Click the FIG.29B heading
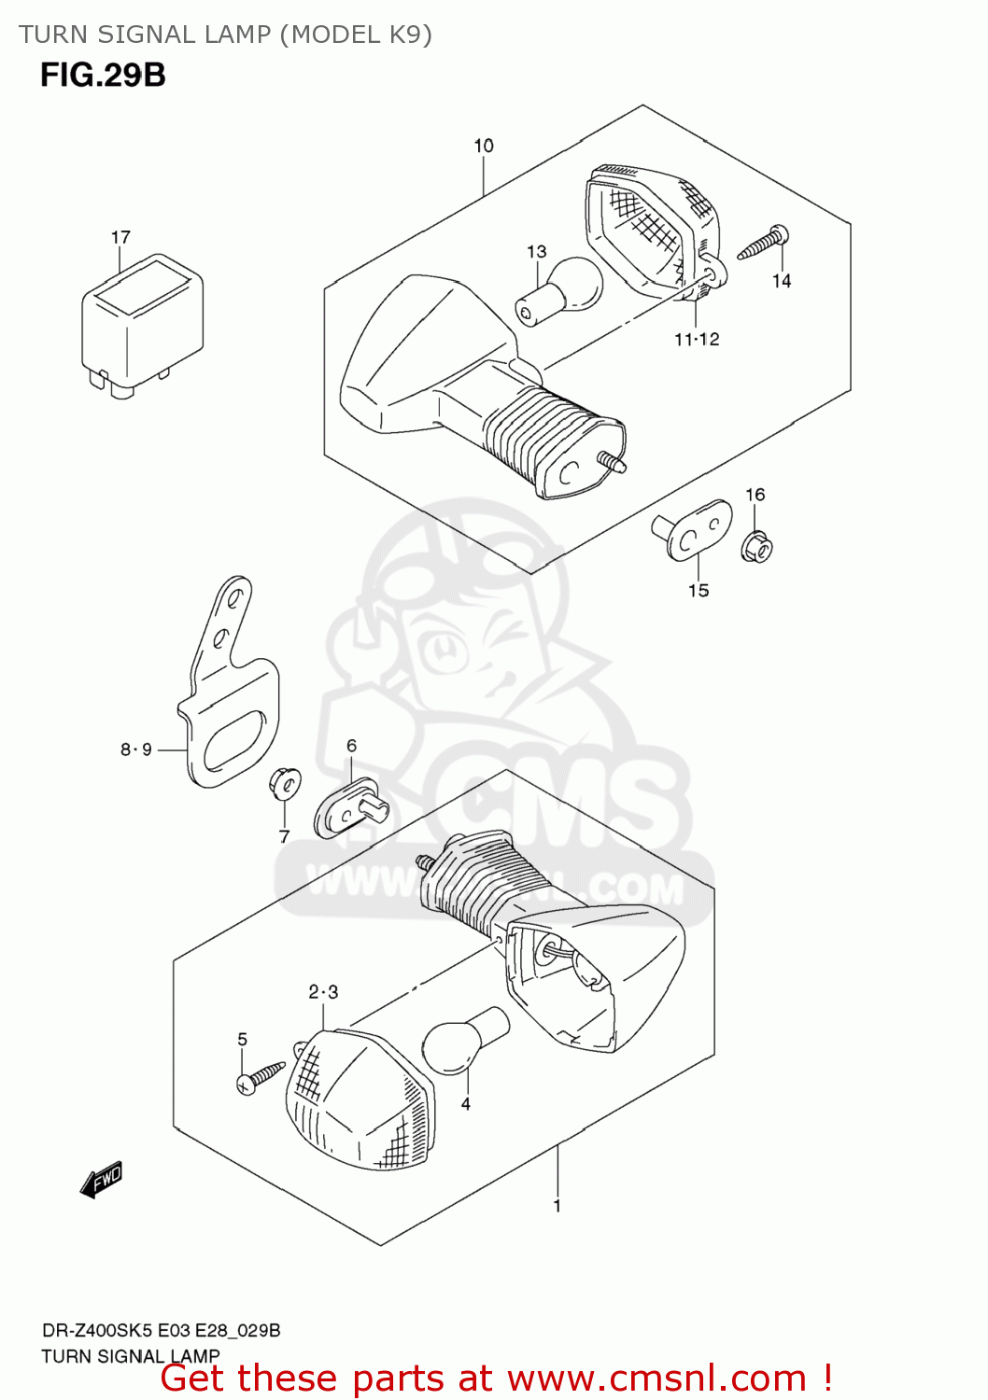pyautogui.click(x=103, y=75)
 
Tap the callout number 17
pyautogui.click(x=120, y=237)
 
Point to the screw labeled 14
pyautogui.click(x=763, y=243)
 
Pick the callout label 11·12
pyautogui.click(x=697, y=340)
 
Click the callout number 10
pyautogui.click(x=484, y=146)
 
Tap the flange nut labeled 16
pyautogui.click(x=756, y=545)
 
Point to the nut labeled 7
pyautogui.click(x=284, y=784)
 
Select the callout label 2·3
pyautogui.click(x=323, y=992)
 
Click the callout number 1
pyautogui.click(x=558, y=1206)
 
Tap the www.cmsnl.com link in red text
pyautogui.click(x=656, y=1379)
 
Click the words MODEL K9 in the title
pyautogui.click(x=360, y=35)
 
